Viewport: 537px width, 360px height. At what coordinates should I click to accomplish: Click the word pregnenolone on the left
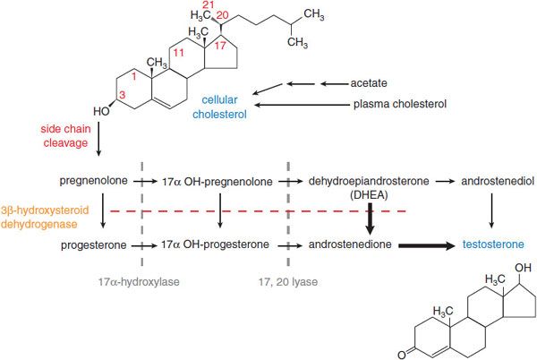coord(93,181)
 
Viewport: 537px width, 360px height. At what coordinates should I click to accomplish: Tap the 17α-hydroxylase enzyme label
coord(140,280)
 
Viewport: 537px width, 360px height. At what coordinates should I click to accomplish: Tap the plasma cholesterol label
coord(397,106)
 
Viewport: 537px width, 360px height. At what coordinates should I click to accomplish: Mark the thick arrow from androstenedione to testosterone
coord(427,244)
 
